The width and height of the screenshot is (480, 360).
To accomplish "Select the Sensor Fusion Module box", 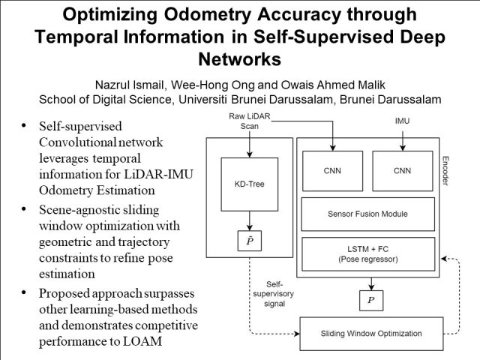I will tap(368, 214).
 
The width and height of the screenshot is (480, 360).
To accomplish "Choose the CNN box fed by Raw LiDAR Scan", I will tap(331, 170).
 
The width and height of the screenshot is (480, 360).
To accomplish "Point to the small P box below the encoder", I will tap(369, 299).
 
